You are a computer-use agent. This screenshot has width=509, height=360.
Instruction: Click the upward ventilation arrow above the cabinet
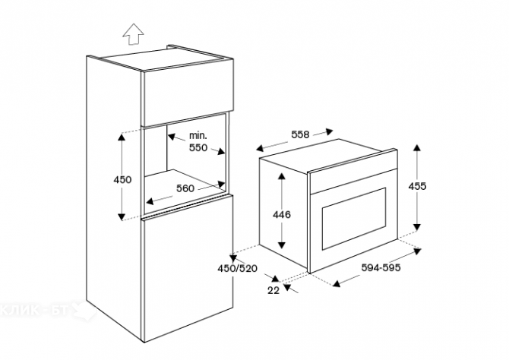[x=134, y=33]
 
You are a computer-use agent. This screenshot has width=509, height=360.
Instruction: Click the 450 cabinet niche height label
[x=122, y=180]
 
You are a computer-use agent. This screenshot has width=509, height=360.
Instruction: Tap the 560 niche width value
[x=186, y=188]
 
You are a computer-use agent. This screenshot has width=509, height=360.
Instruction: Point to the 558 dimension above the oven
[x=299, y=134]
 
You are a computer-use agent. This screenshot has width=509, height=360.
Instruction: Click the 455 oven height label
[x=417, y=186]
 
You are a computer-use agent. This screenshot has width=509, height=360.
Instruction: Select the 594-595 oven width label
[x=381, y=267]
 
